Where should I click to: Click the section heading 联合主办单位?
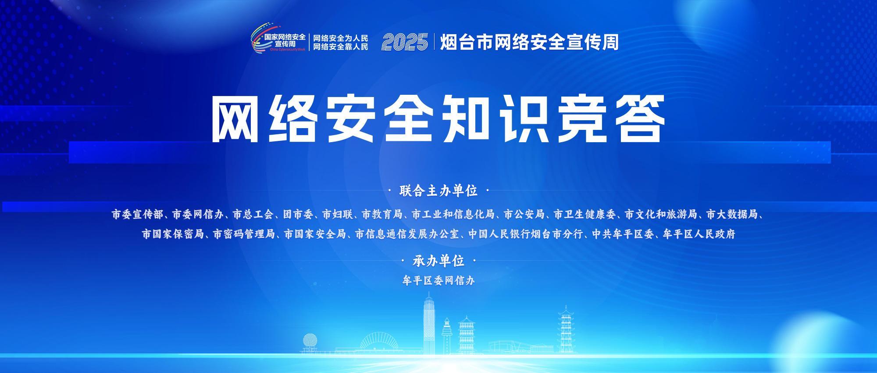click(x=438, y=191)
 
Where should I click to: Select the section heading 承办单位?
click(x=438, y=261)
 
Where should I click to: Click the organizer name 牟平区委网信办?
click(x=438, y=280)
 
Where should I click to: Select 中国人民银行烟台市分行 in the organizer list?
click(x=525, y=234)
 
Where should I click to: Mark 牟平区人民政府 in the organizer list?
click(x=699, y=234)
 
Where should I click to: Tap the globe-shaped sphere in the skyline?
click(x=310, y=341)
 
